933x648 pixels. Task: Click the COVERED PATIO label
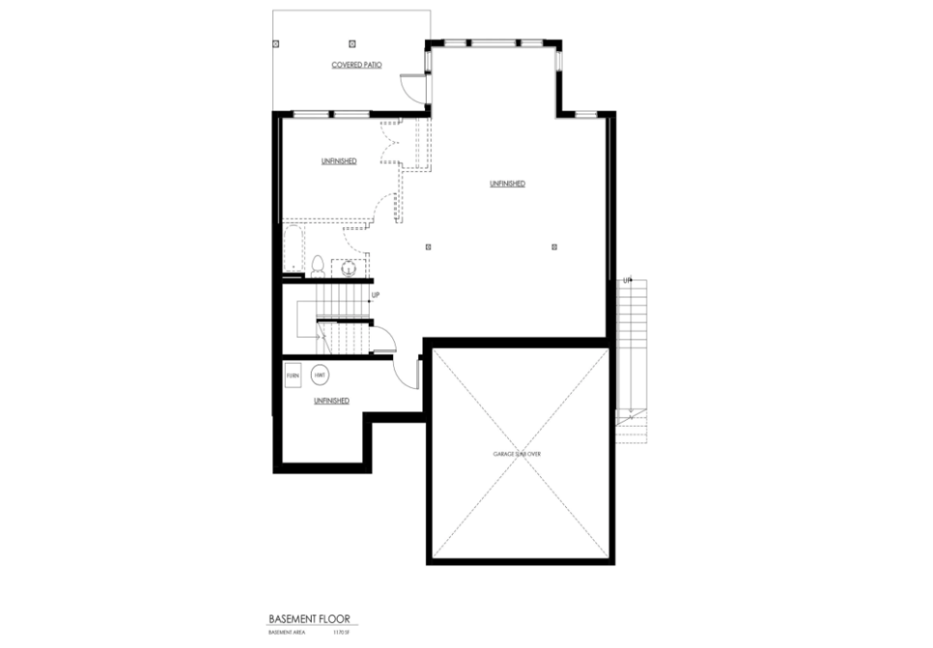[357, 66]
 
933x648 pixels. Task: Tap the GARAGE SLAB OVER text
[517, 454]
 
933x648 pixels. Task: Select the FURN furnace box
[293, 376]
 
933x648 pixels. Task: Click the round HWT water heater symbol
[320, 376]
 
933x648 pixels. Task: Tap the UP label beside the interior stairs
[375, 295]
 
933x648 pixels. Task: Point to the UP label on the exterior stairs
[627, 281]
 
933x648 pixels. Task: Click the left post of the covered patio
[276, 42]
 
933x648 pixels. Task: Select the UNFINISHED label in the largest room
[507, 183]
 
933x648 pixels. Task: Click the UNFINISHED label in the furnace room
[331, 401]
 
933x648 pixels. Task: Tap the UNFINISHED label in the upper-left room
[339, 162]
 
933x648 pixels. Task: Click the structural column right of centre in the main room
[555, 247]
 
